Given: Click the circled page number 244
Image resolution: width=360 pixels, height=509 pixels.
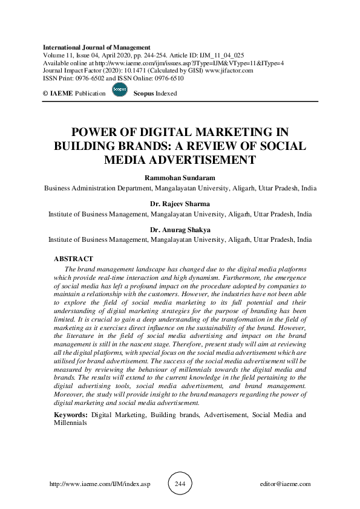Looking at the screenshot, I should coord(180,484).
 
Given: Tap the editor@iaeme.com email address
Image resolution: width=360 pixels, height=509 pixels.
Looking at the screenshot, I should coord(284,484).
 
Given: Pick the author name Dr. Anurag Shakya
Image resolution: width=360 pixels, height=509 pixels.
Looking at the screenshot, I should coord(180,230).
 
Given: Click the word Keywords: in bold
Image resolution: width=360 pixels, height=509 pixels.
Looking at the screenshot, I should coord(71,415).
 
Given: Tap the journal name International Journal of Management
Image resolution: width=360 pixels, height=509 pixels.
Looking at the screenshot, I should coord(97,47).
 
